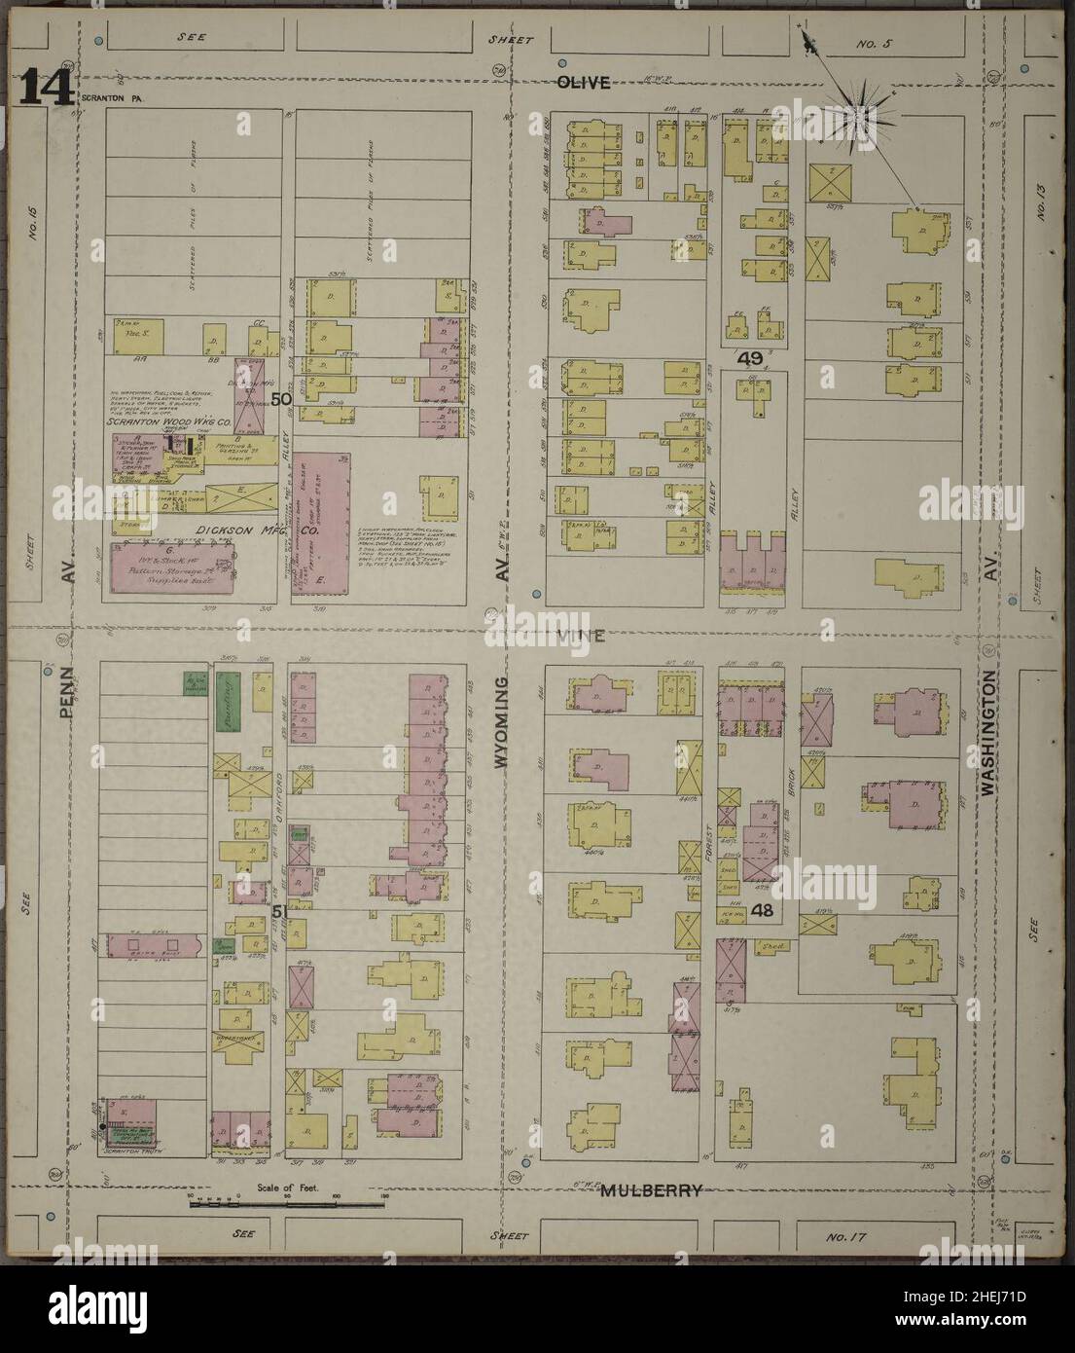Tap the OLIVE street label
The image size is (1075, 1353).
[x=583, y=84]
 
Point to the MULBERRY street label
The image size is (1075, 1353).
[x=651, y=1189]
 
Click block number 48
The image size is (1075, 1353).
[x=762, y=911]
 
